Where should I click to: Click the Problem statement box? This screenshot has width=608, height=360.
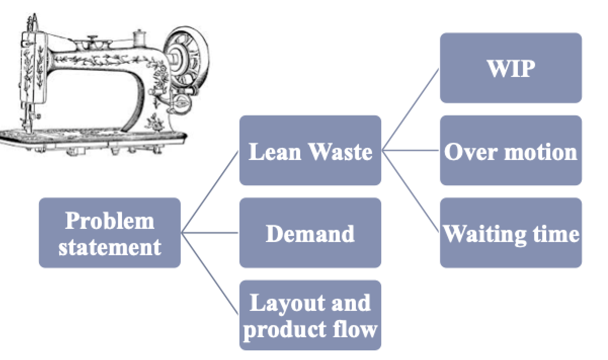pos(109,233)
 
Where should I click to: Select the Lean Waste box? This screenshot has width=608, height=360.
pos(310,150)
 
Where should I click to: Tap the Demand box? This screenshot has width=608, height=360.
pos(310,233)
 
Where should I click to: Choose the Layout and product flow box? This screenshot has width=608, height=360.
pos(310,315)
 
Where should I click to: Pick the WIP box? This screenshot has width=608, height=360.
pos(510,68)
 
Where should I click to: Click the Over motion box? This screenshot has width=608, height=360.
pos(510,150)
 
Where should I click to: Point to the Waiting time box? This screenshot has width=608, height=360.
pos(510,233)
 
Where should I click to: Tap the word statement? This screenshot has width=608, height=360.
pos(109,247)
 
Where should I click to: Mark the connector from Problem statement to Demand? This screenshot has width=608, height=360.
pos(210,233)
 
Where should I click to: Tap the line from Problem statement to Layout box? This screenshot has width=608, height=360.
pos(210,274)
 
